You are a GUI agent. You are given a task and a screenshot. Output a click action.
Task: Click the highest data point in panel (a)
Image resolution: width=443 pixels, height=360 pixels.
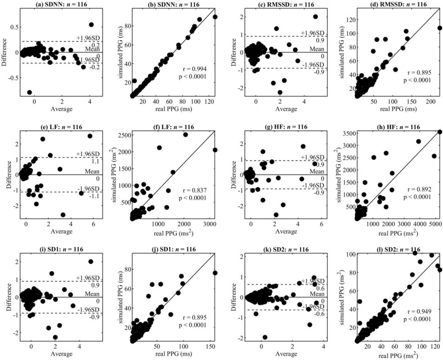click(91, 25)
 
